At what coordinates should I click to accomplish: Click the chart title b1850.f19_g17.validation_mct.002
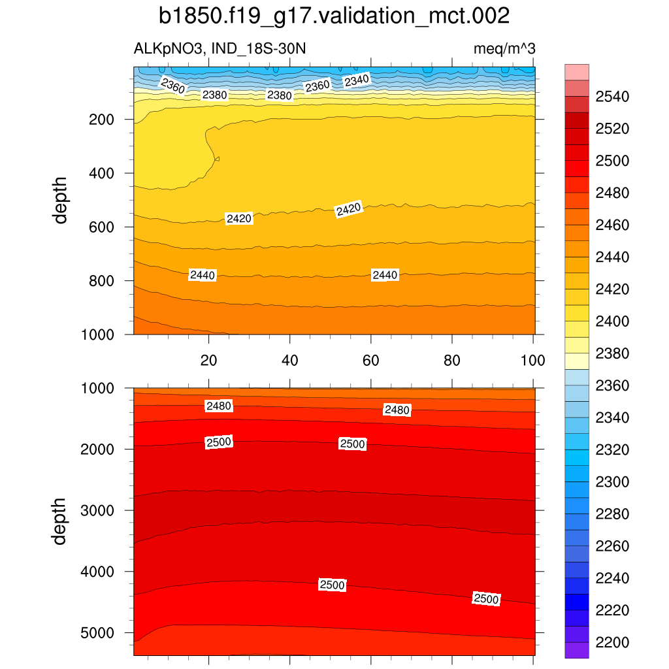tap(334, 16)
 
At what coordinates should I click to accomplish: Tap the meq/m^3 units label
tap(504, 48)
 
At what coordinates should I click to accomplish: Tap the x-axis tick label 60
tap(371, 360)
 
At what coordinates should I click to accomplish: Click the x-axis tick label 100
tap(533, 360)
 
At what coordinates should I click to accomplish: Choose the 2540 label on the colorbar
tap(612, 97)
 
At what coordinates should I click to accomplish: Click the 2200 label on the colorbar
tap(612, 643)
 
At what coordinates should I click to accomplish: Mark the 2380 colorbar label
tap(612, 354)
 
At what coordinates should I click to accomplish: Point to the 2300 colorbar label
tap(612, 482)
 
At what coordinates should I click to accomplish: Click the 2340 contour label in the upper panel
tap(357, 80)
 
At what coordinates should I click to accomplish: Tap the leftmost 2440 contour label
tap(203, 276)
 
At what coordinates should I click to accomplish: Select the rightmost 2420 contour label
tap(348, 209)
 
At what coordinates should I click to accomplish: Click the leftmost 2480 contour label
tap(219, 406)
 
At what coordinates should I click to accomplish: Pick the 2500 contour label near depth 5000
tap(486, 599)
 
